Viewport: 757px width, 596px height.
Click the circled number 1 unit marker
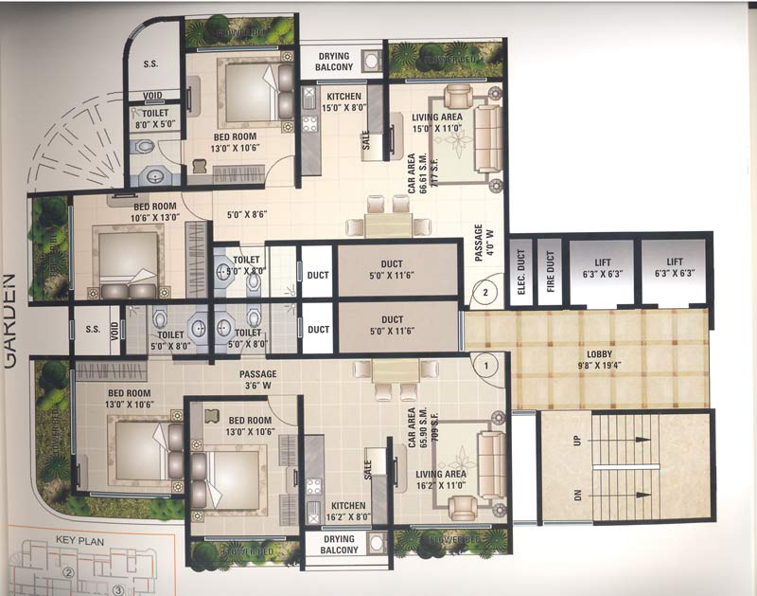[487, 360]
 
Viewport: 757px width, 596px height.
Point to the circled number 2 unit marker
[484, 292]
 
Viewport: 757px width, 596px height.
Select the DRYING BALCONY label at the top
[335, 62]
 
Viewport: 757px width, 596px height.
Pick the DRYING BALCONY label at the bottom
[338, 545]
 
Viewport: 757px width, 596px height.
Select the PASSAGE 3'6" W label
[257, 380]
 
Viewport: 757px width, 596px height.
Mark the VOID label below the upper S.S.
[153, 95]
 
